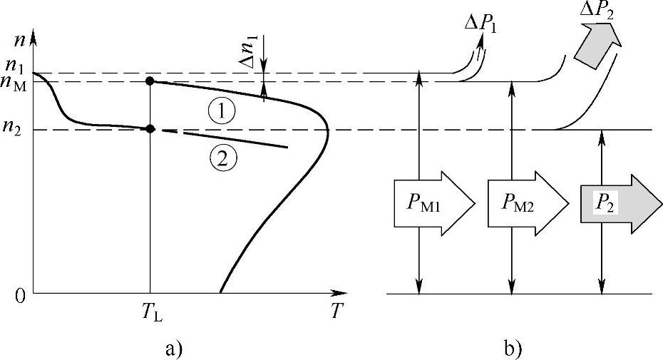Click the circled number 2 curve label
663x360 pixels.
click(222, 159)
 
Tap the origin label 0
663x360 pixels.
click(19, 294)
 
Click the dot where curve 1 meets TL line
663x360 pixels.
click(150, 81)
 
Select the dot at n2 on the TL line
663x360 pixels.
click(150, 129)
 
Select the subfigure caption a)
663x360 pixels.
click(173, 349)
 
